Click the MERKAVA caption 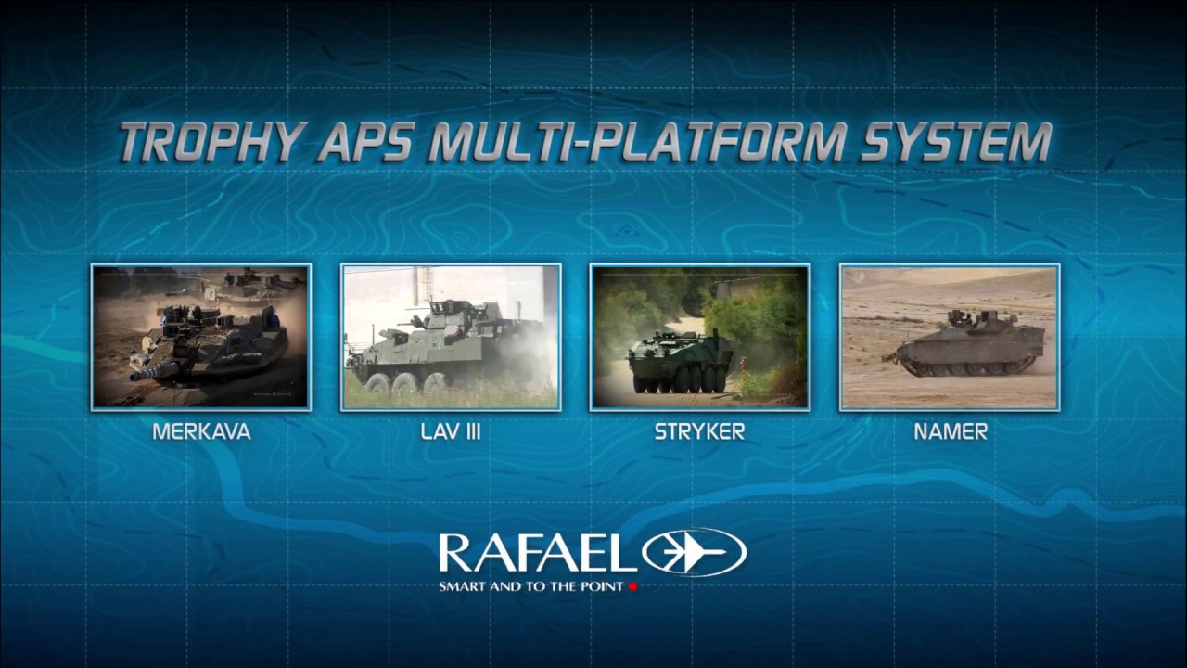[201, 432]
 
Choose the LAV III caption [451, 432]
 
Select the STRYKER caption [699, 432]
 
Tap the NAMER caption [950, 432]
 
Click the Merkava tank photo [201, 337]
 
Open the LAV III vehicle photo [451, 337]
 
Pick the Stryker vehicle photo [700, 337]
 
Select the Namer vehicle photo [950, 337]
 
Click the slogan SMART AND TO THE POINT [533, 586]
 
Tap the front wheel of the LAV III [377, 383]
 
